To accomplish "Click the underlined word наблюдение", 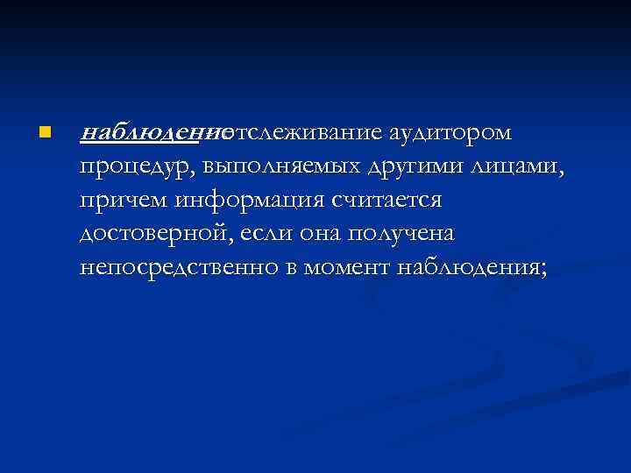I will [149, 133].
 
